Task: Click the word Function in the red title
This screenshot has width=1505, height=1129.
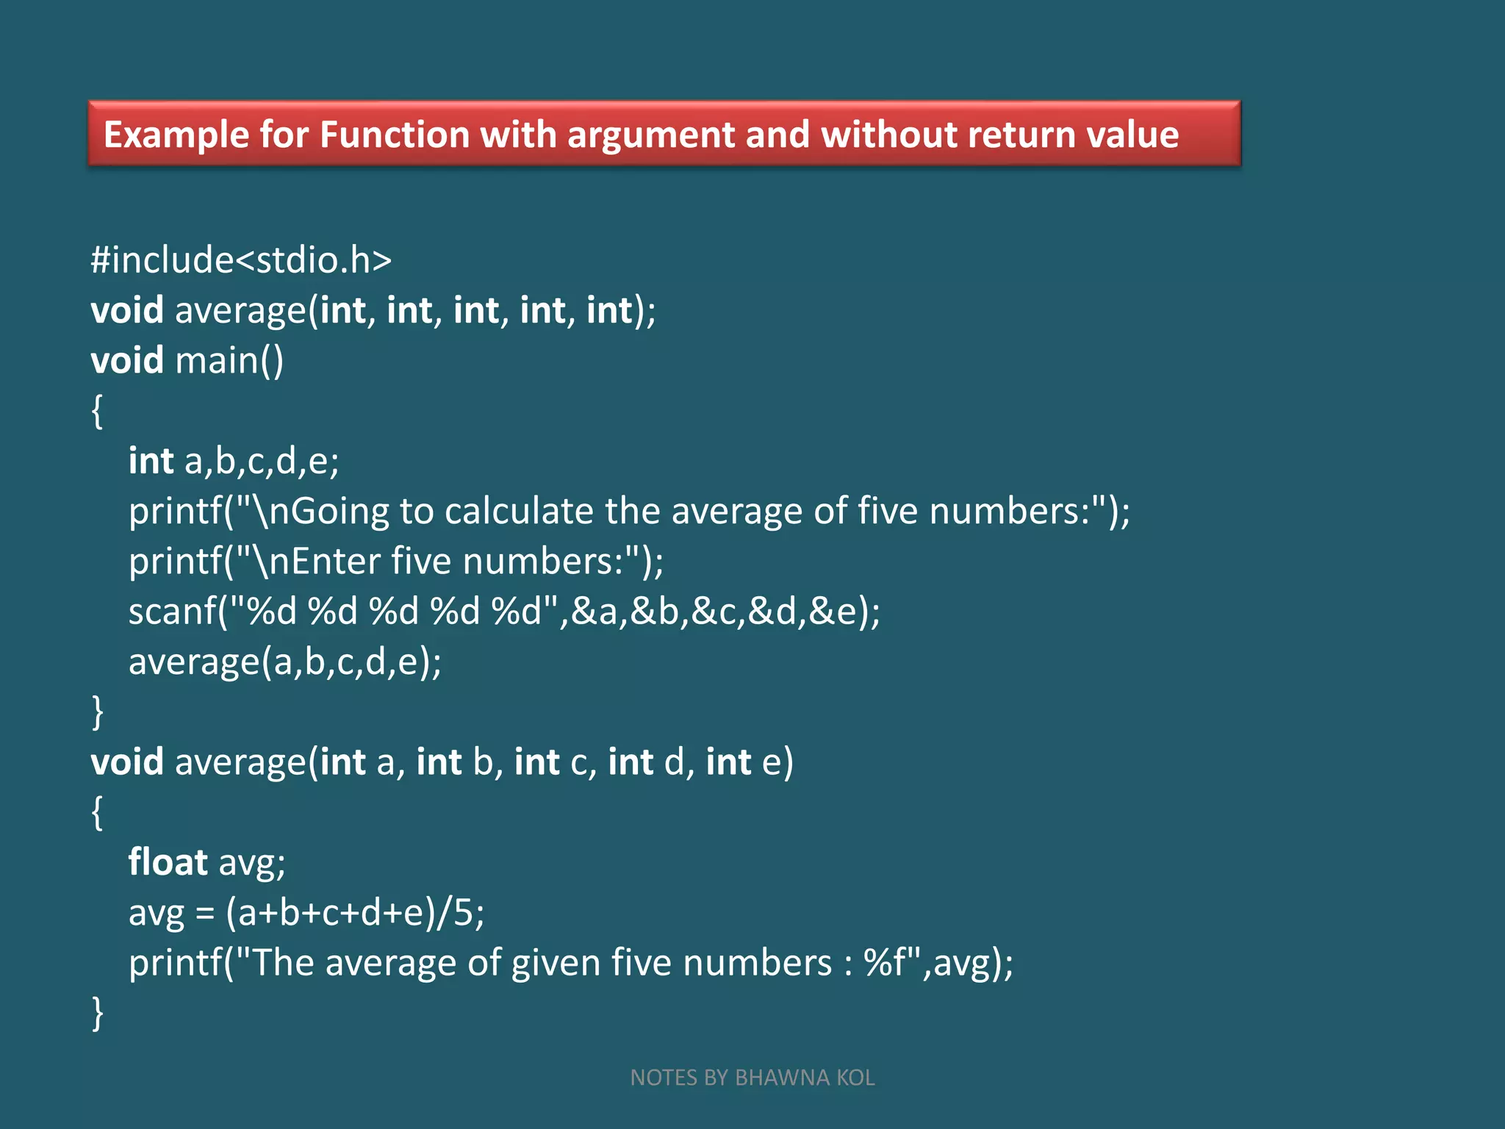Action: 394,135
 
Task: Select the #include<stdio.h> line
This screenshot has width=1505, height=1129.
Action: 241,260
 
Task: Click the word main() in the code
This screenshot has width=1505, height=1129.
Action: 229,361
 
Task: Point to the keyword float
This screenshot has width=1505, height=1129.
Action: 168,861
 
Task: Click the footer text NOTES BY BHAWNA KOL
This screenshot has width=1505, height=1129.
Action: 752,1078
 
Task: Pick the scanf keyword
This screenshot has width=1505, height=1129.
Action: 173,612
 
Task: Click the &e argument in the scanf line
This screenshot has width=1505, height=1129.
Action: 834,612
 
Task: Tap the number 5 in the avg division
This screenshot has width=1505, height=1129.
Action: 463,912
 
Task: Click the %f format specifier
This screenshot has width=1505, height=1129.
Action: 886,963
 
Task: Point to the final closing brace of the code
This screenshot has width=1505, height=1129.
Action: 98,1013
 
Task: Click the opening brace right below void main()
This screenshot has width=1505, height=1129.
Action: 97,411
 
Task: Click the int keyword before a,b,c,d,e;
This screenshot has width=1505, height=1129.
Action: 151,461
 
